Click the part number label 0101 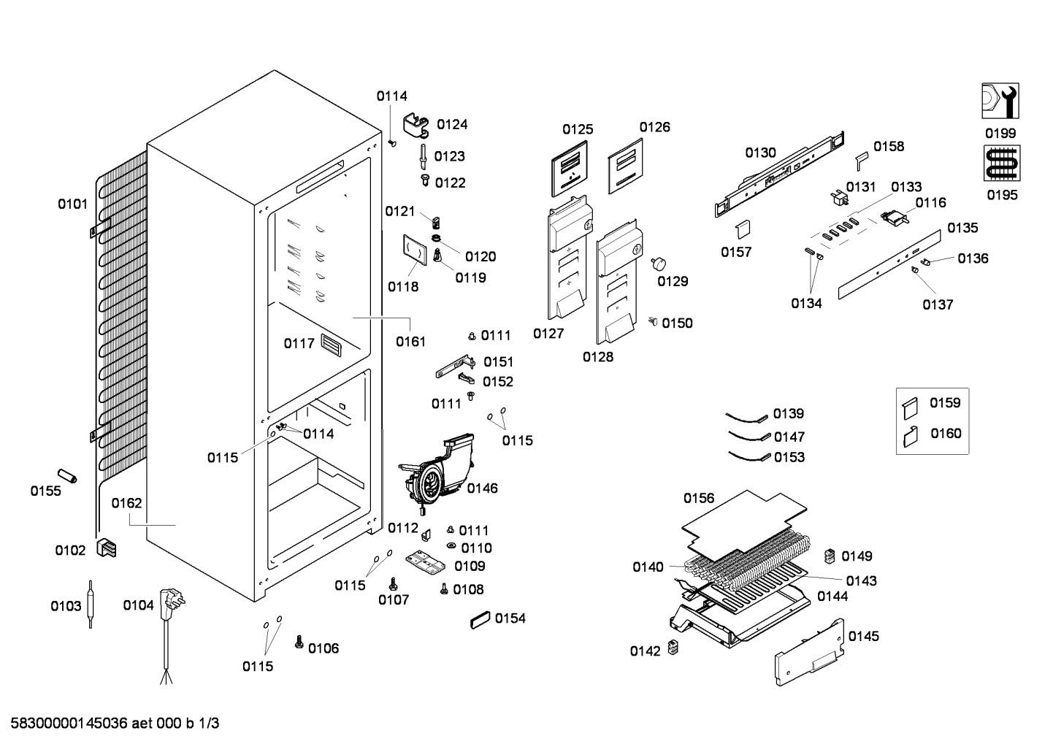coord(72,204)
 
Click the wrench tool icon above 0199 coord(1000,101)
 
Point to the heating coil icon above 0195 coord(1002,163)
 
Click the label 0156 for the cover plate coord(699,498)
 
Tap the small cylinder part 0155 coord(66,475)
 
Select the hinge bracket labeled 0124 coord(416,126)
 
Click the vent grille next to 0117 coord(331,345)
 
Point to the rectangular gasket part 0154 coord(480,620)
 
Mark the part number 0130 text coord(760,153)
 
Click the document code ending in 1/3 coord(115,724)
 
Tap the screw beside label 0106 coord(299,642)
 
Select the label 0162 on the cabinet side coord(126,503)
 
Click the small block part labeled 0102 coord(106,548)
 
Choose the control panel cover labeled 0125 coord(570,168)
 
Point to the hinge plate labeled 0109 coord(424,563)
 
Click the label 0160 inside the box coord(946,434)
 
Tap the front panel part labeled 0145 coord(809,652)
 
